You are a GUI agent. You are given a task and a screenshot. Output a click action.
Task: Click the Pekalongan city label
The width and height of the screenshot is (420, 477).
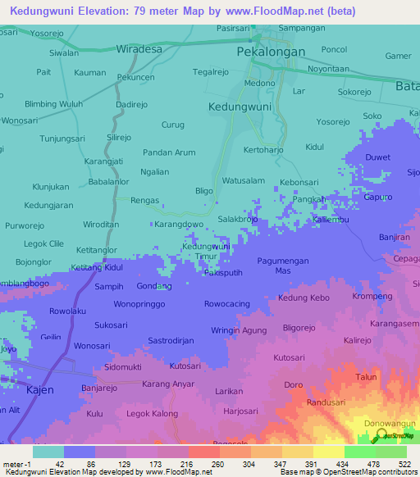coord(271,51)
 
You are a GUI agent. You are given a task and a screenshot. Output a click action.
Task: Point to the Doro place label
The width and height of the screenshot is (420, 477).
coord(294,384)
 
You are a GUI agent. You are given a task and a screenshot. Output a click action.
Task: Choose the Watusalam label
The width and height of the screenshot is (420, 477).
coord(244,180)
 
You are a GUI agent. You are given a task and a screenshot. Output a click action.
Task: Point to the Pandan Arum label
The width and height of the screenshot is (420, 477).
coord(169,152)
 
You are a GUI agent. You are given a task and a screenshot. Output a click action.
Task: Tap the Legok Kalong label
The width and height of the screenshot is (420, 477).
coord(152,413)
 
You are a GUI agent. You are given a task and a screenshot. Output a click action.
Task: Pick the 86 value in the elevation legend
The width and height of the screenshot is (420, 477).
coord(80,464)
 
